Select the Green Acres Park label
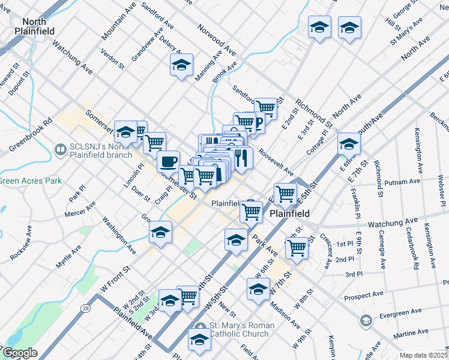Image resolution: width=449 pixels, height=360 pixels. tap(22, 180)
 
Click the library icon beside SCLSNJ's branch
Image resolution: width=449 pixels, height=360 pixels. tap(60, 148)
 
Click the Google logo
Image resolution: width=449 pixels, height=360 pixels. tap(19, 353)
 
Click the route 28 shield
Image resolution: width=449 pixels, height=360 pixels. tap(86, 308)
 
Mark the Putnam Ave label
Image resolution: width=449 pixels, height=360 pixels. tap(405, 181)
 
